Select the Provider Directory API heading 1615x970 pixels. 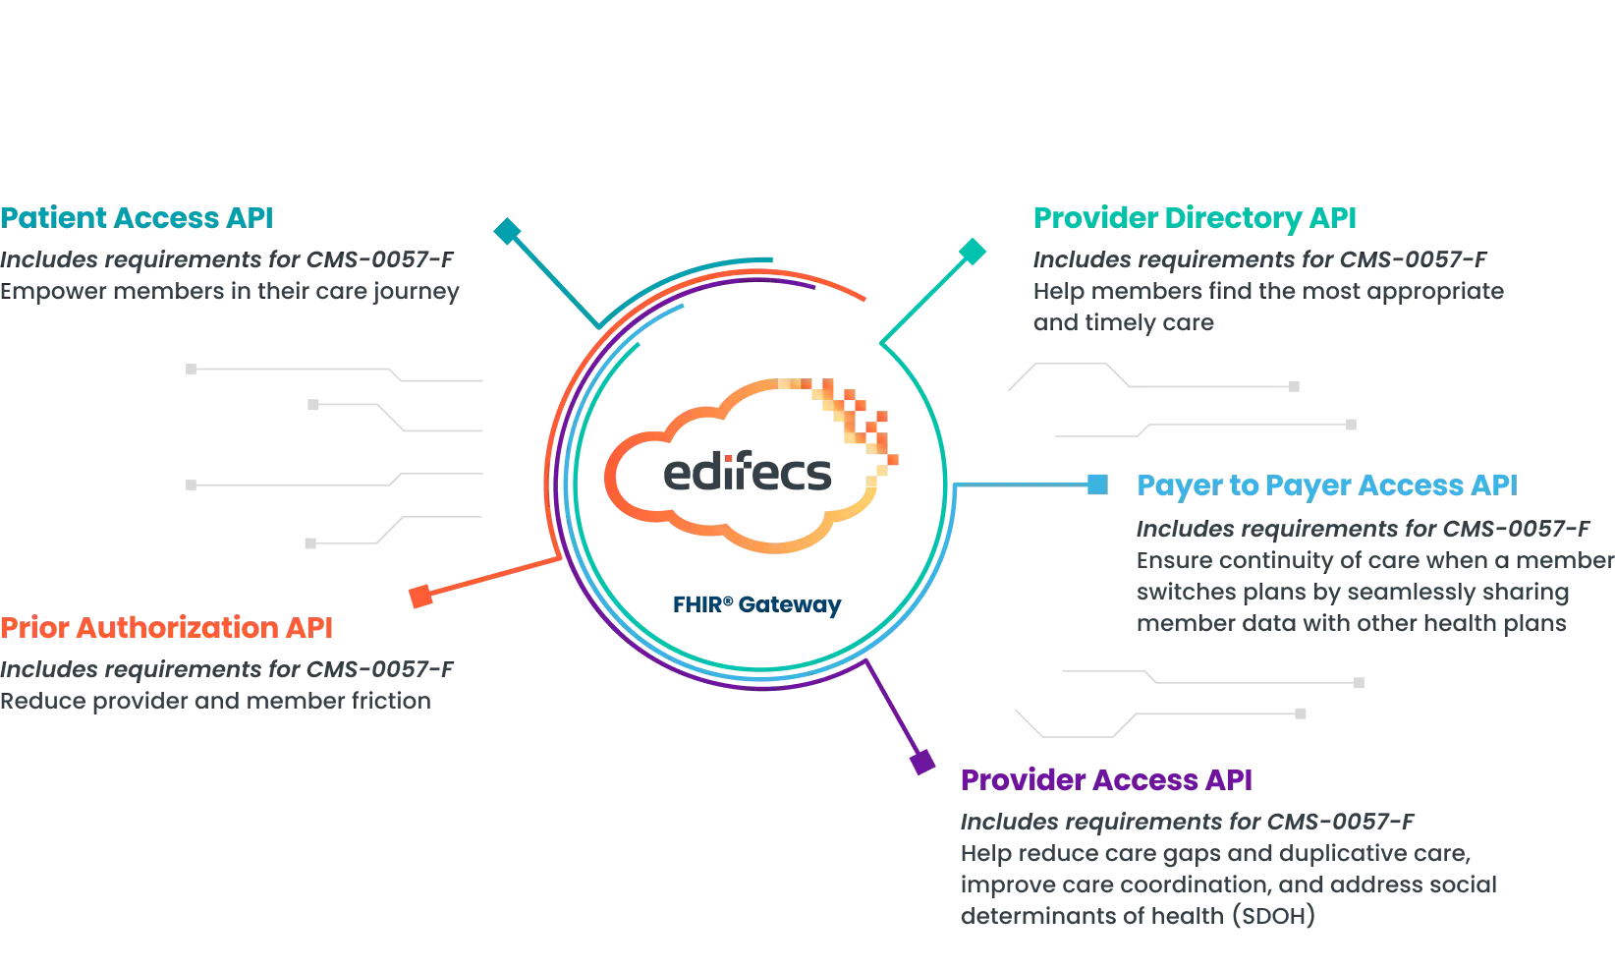pyautogui.click(x=1194, y=217)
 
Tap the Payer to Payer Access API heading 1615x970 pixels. pyautogui.click(x=1324, y=485)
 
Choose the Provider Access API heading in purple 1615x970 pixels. pyautogui.click(x=1106, y=780)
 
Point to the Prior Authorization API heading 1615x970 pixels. pyautogui.click(x=167, y=629)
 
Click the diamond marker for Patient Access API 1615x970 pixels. pyautogui.click(x=508, y=233)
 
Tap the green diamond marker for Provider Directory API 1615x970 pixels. pyautogui.click(x=972, y=252)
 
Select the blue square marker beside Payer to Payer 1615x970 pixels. pyautogui.click(x=1097, y=485)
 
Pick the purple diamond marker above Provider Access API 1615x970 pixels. pyautogui.click(x=921, y=762)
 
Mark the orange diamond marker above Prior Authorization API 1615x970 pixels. pyautogui.click(x=420, y=596)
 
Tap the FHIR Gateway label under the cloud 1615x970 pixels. pyautogui.click(x=754, y=603)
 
